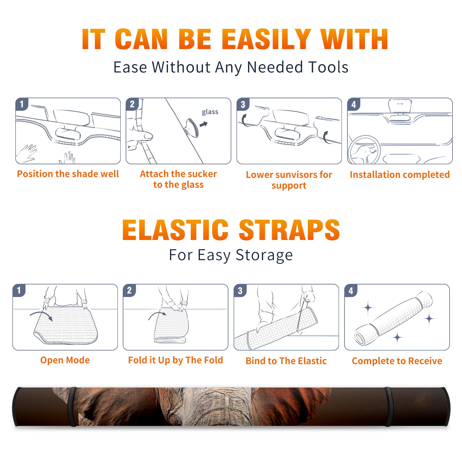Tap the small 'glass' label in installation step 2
[x=210, y=112]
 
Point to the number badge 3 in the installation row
[x=243, y=105]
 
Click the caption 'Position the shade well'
[x=68, y=174]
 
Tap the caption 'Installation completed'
[x=400, y=175]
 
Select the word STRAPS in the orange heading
[x=289, y=230]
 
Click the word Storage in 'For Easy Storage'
[x=264, y=255]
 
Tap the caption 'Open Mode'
[x=65, y=360]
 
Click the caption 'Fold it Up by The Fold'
[x=176, y=360]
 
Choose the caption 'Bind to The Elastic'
[x=286, y=361]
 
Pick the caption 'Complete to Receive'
[x=397, y=361]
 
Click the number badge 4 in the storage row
[x=351, y=290]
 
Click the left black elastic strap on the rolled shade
[x=72, y=407]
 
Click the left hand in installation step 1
[x=27, y=153]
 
